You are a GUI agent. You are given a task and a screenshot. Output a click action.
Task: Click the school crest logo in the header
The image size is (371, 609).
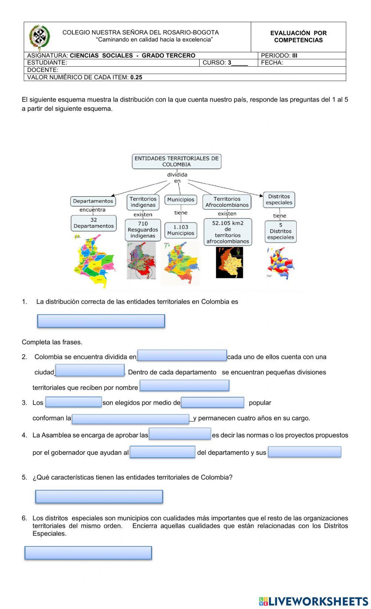[x=39, y=37]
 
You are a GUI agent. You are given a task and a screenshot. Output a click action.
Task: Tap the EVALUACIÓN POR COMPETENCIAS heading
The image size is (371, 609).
[x=298, y=37]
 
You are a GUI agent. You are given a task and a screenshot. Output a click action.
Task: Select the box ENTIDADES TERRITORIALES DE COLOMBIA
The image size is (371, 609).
[x=177, y=162]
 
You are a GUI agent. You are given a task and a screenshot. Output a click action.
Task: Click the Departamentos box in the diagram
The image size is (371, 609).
[x=93, y=201]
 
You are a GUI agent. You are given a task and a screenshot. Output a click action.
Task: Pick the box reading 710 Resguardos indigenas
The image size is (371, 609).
[x=143, y=230]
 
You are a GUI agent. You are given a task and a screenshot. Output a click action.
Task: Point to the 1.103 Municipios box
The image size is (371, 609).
[x=181, y=230]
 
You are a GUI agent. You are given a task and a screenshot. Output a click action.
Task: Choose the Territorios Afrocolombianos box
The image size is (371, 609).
[x=227, y=202]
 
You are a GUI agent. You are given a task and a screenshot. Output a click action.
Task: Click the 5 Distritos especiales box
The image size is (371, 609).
[x=280, y=232]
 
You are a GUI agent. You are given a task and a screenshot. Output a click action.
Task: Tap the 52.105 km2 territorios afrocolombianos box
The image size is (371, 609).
[x=228, y=232]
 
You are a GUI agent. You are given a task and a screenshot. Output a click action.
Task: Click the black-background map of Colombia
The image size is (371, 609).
[x=229, y=262]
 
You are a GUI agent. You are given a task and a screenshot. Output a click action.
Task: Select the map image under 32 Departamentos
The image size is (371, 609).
[x=94, y=261]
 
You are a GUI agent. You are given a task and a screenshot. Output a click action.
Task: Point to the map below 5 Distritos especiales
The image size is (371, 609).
[x=280, y=263]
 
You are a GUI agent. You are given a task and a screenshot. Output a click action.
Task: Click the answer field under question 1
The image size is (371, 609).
[x=101, y=321]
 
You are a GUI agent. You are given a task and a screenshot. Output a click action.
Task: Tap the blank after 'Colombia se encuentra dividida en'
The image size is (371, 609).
[x=182, y=355]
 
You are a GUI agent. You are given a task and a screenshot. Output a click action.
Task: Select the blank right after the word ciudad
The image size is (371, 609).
[x=90, y=370]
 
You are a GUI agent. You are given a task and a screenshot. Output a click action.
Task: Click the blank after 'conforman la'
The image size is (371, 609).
[x=131, y=419]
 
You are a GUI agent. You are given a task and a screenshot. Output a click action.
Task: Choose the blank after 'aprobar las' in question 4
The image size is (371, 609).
[x=180, y=434]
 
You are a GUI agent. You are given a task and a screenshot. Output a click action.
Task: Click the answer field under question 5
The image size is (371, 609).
[x=99, y=497]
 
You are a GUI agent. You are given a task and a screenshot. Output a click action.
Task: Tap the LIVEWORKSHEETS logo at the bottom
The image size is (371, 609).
[x=313, y=601]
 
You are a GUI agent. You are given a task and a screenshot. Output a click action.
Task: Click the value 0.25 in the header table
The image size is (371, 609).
[x=136, y=77]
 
